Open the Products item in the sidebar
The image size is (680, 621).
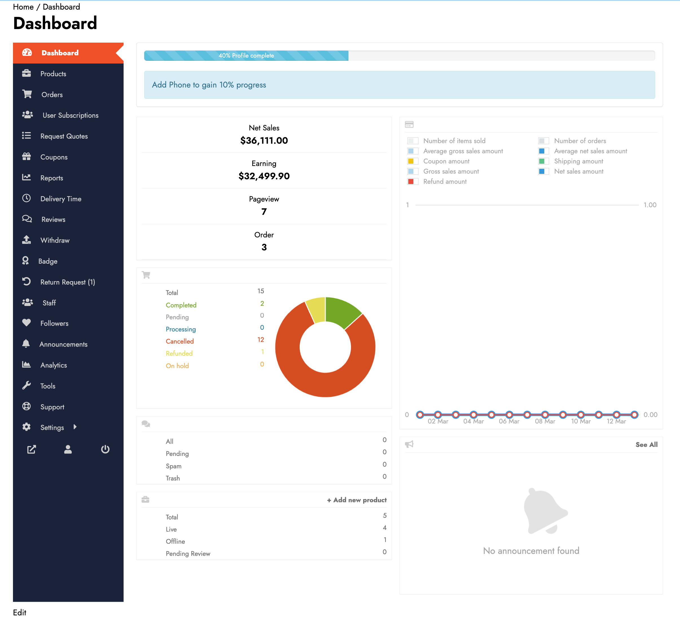53,74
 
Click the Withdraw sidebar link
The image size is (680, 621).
55,240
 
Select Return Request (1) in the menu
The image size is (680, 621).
67,282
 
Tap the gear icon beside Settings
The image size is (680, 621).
26,427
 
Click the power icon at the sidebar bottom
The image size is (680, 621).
105,449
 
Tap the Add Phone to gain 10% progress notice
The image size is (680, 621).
209,85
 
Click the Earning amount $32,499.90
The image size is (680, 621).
264,176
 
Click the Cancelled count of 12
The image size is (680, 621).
260,340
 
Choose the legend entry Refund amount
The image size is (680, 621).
445,182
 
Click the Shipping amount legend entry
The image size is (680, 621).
578,161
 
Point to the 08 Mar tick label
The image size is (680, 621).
545,421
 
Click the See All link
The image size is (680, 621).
646,445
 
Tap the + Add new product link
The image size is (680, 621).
357,500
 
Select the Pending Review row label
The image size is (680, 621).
188,554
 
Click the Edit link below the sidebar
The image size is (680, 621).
19,612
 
